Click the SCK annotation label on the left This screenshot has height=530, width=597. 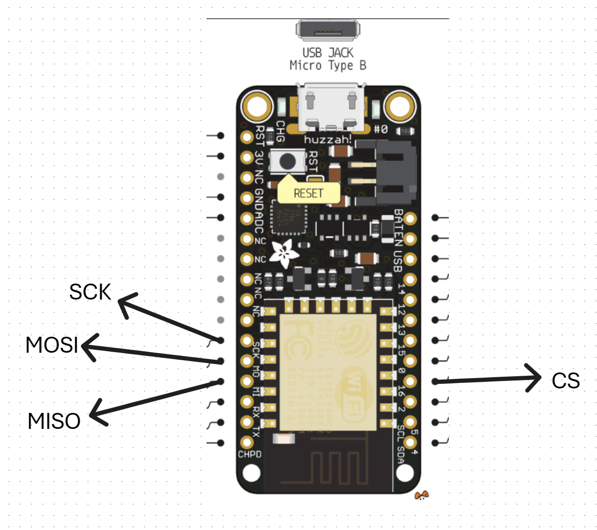(x=90, y=292)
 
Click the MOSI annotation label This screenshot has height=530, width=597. (x=52, y=345)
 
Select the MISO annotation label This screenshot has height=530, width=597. (x=54, y=421)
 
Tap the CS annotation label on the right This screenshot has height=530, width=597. (x=565, y=381)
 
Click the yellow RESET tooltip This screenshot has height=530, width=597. (x=309, y=193)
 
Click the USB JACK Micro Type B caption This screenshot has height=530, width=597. (x=328, y=59)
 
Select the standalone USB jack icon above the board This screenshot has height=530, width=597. (x=328, y=31)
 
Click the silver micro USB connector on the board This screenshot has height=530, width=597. (x=331, y=107)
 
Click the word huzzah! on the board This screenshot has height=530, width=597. (x=327, y=139)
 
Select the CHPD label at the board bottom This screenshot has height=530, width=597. (x=249, y=454)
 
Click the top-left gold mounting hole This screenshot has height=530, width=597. (x=257, y=106)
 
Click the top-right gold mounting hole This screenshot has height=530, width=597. (x=400, y=106)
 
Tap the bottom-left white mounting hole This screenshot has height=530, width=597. (x=251, y=473)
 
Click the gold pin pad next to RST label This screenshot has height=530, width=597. (x=247, y=136)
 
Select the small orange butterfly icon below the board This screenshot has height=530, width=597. (x=422, y=495)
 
